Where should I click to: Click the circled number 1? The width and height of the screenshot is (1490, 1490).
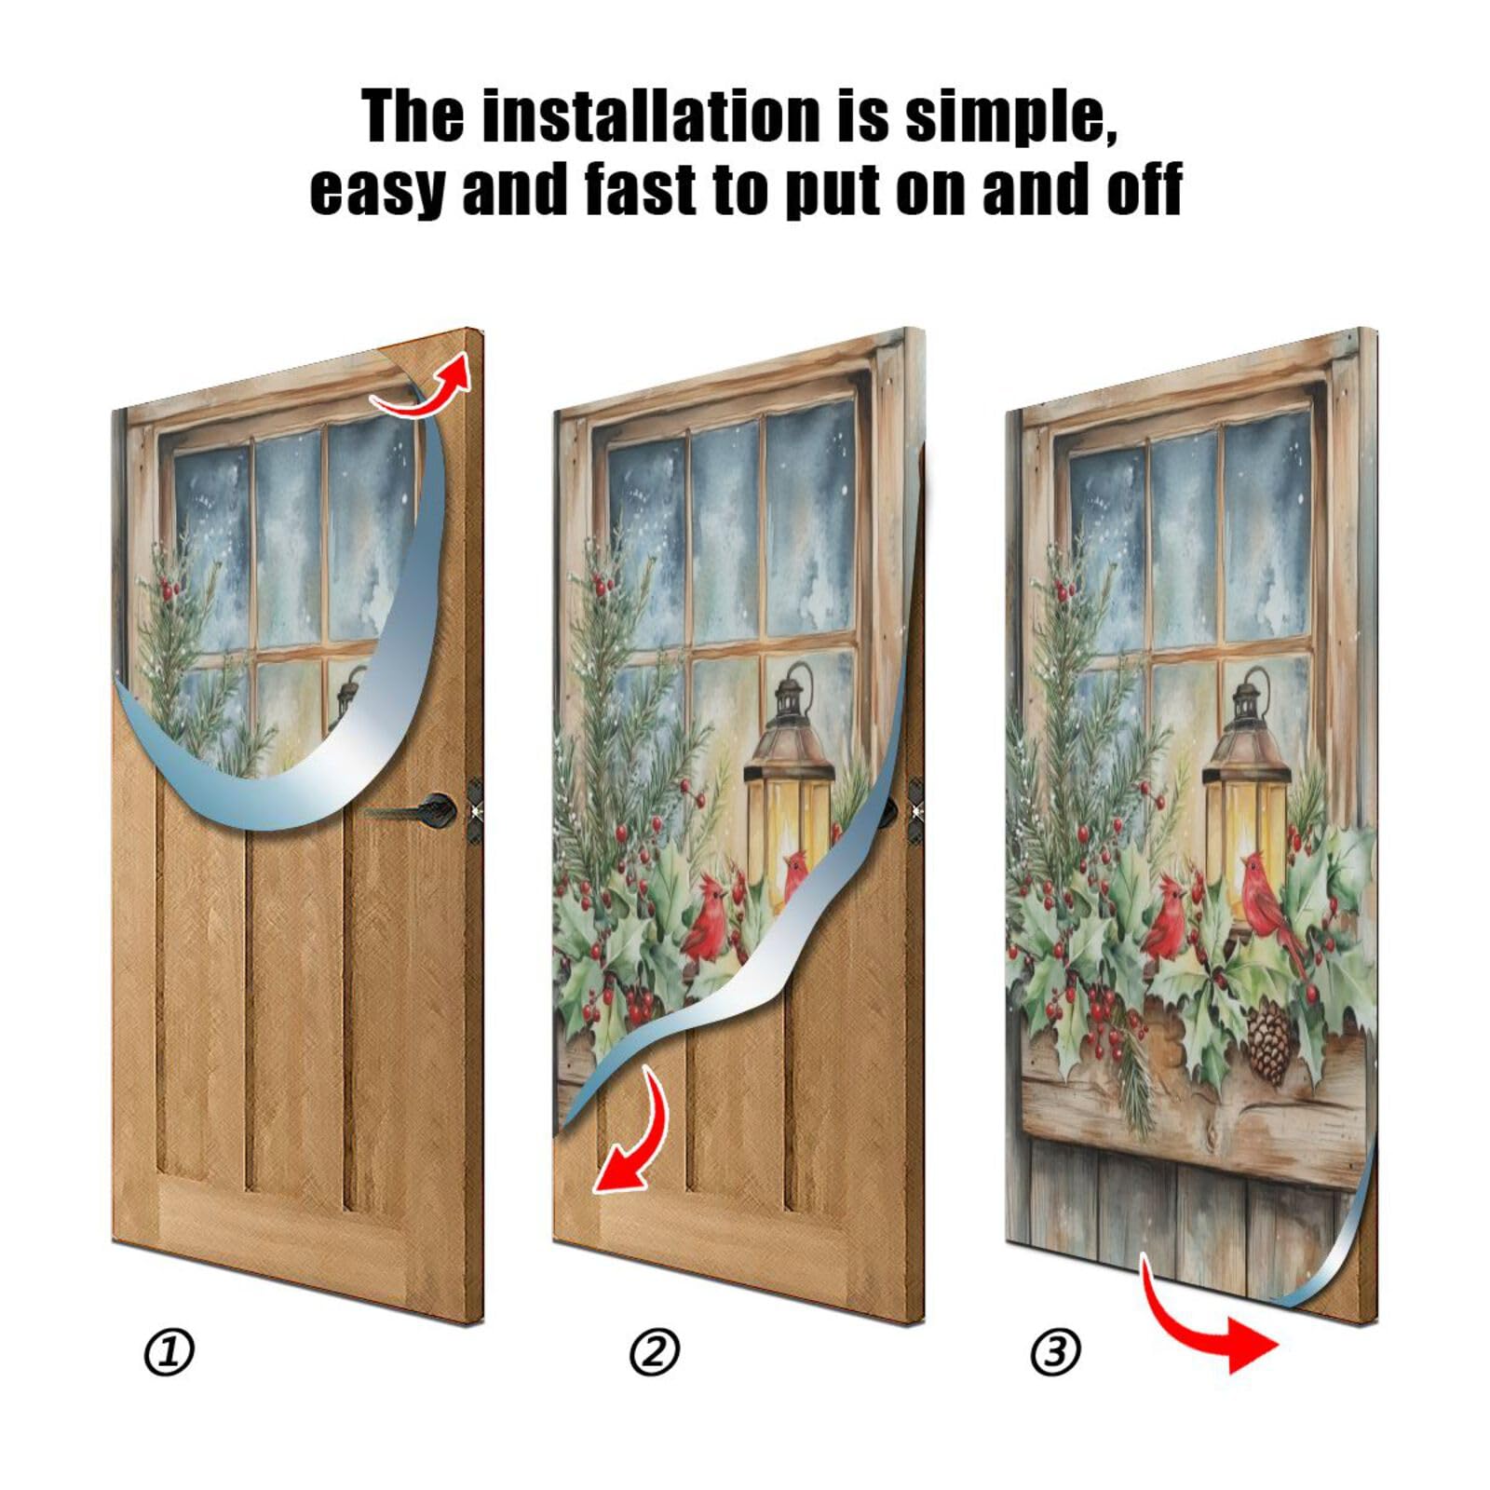[169, 1351]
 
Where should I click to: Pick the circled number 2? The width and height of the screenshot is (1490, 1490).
[655, 1351]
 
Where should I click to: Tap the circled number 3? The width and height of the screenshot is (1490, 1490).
[1055, 1351]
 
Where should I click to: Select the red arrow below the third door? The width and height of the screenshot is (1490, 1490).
[1206, 1322]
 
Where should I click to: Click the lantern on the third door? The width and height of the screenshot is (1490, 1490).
[1245, 796]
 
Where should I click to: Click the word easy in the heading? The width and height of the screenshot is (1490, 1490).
[377, 188]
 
